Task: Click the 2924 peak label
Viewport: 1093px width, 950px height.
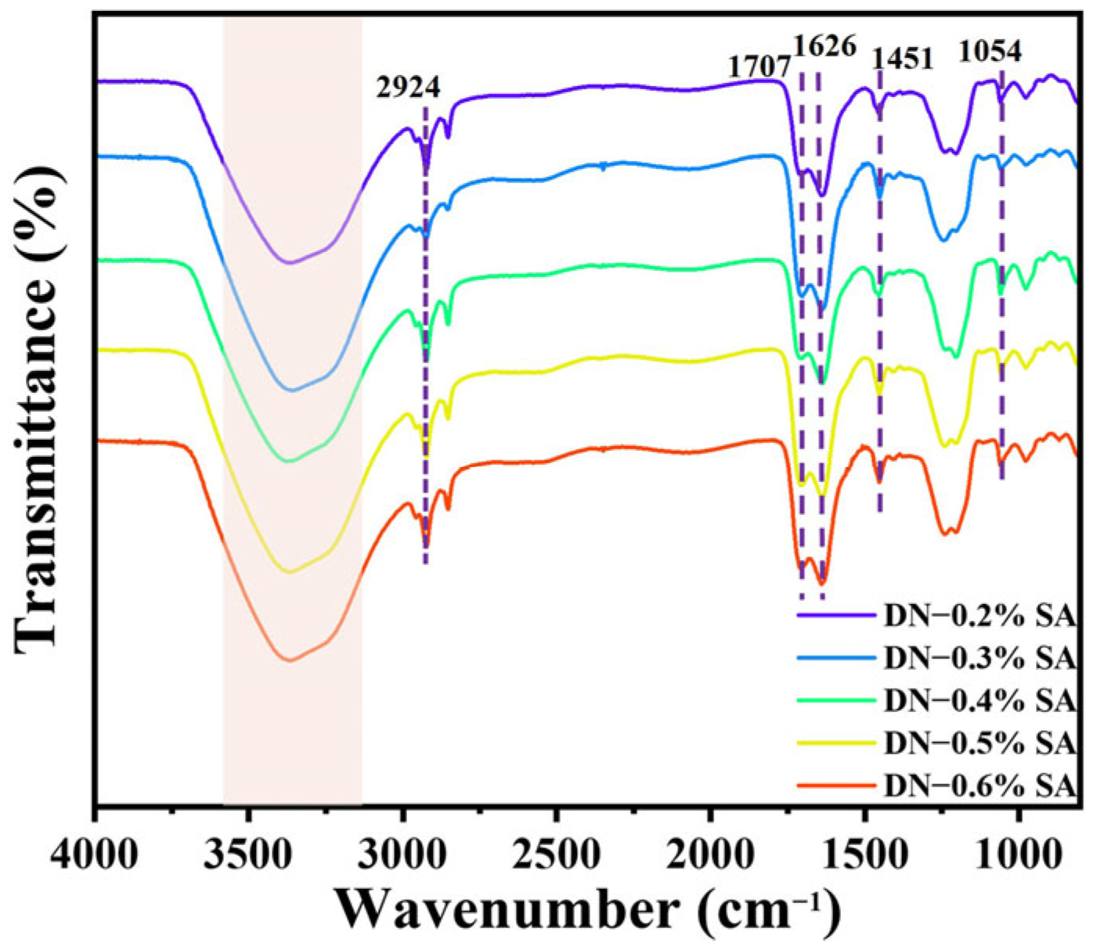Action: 408,87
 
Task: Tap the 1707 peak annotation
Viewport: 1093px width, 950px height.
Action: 759,67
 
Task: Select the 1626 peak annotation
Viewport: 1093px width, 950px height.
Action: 825,46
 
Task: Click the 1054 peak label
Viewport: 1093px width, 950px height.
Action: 990,52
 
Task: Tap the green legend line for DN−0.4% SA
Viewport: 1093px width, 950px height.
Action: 835,701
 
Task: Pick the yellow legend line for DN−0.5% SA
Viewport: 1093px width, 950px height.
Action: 835,743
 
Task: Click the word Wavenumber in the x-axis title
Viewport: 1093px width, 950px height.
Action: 507,911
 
